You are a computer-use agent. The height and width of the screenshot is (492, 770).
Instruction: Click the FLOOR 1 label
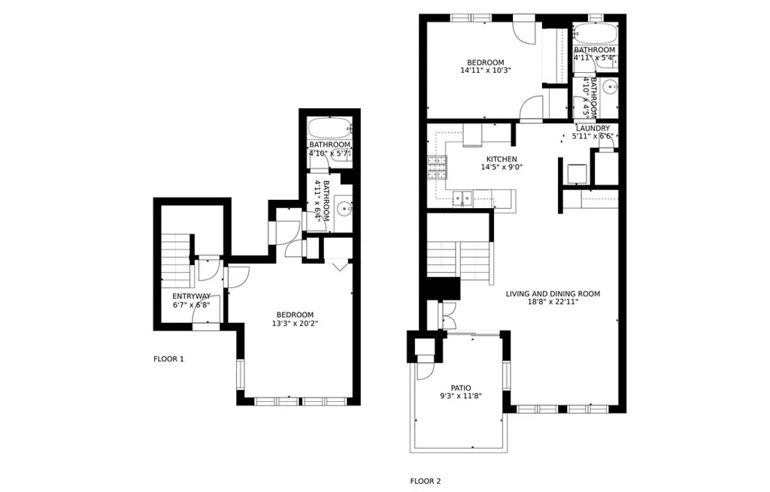pos(168,359)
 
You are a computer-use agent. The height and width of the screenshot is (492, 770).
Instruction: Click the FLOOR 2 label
pos(430,481)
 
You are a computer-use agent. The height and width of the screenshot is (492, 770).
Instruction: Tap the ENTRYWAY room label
pos(192,296)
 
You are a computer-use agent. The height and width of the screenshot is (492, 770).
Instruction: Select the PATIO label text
pos(461,388)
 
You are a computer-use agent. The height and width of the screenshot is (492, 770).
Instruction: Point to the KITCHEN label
pos(502,159)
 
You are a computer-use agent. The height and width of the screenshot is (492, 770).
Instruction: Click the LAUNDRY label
pos(593,128)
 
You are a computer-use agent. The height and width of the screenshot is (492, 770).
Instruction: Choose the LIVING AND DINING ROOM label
pos(553,294)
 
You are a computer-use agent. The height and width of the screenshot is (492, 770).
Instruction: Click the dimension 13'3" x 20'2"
pos(295,324)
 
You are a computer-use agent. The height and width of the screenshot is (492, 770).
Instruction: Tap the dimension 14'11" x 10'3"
pos(486,71)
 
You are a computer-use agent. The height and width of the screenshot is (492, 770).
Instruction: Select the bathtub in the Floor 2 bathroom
pos(595,35)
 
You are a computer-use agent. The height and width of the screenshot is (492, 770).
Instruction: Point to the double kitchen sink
pos(462,198)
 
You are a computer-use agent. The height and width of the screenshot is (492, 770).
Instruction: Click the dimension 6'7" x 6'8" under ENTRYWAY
pos(192,305)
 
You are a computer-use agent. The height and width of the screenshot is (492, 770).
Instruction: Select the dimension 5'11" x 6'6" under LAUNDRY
pos(593,137)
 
